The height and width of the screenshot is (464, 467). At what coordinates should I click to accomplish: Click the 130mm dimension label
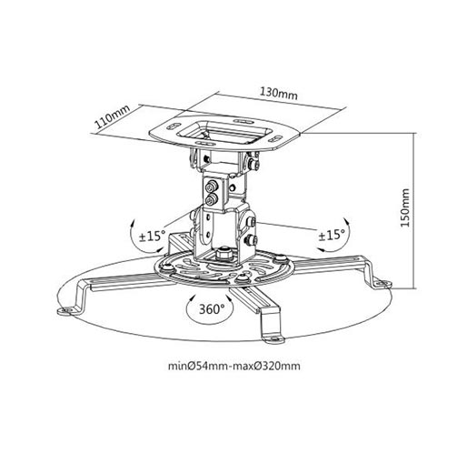[x=279, y=93]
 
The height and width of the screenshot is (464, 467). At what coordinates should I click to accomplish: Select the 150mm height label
[x=404, y=207]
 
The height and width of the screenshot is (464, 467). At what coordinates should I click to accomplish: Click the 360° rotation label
[x=212, y=309]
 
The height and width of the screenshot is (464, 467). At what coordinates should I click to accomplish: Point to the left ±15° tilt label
[x=153, y=236]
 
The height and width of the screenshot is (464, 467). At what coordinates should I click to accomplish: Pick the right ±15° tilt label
[x=332, y=235]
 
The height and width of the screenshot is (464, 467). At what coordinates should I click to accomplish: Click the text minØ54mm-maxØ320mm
[x=234, y=366]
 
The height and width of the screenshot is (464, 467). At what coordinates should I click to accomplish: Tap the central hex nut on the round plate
[x=224, y=253]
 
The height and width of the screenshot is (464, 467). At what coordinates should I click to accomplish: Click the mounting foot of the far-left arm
[x=66, y=311]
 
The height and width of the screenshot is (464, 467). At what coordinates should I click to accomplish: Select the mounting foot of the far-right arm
[x=383, y=284]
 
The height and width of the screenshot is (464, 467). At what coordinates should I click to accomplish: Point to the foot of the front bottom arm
[x=273, y=338]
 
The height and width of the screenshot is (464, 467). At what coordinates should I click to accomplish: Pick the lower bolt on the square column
[x=211, y=199]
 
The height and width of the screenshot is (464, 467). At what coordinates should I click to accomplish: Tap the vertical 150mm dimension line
[x=413, y=211]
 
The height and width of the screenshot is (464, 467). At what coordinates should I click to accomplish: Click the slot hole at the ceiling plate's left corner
[x=173, y=126]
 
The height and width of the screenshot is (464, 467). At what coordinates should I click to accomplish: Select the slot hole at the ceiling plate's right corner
[x=274, y=139]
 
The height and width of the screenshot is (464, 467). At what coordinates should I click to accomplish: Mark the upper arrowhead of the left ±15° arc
[x=133, y=225]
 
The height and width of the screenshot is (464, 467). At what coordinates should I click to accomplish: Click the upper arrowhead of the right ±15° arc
[x=347, y=221]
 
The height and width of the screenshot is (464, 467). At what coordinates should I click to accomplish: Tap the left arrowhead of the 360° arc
[x=191, y=299]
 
